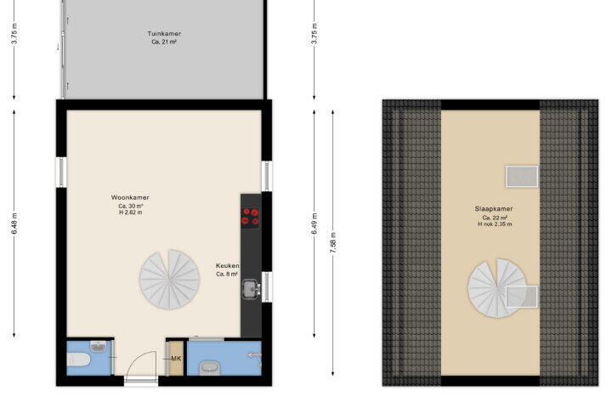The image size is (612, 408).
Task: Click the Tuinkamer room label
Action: tap(164, 34)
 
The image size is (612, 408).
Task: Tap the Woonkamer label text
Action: tap(130, 197)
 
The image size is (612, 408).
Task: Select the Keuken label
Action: tap(228, 265)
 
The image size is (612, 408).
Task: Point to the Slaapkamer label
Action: tap(494, 209)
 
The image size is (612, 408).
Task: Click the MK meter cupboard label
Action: tap(176, 359)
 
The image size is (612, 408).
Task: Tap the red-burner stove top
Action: tap(250, 217)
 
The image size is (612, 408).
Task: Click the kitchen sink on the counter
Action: tap(251, 289)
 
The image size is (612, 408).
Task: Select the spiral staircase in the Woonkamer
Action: tap(169, 280)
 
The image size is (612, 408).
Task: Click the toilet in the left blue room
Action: tap(78, 360)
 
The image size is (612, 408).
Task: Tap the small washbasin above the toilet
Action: tap(99, 346)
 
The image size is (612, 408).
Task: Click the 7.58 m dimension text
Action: tap(333, 243)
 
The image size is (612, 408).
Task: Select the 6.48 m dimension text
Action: tap(14, 224)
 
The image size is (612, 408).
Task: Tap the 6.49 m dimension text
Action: tap(314, 224)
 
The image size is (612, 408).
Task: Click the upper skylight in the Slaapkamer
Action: tap(522, 177)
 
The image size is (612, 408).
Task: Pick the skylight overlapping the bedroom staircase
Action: tap(522, 297)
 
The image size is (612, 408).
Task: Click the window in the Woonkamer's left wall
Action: tap(61, 173)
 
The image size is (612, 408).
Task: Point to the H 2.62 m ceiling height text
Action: tap(130, 212)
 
